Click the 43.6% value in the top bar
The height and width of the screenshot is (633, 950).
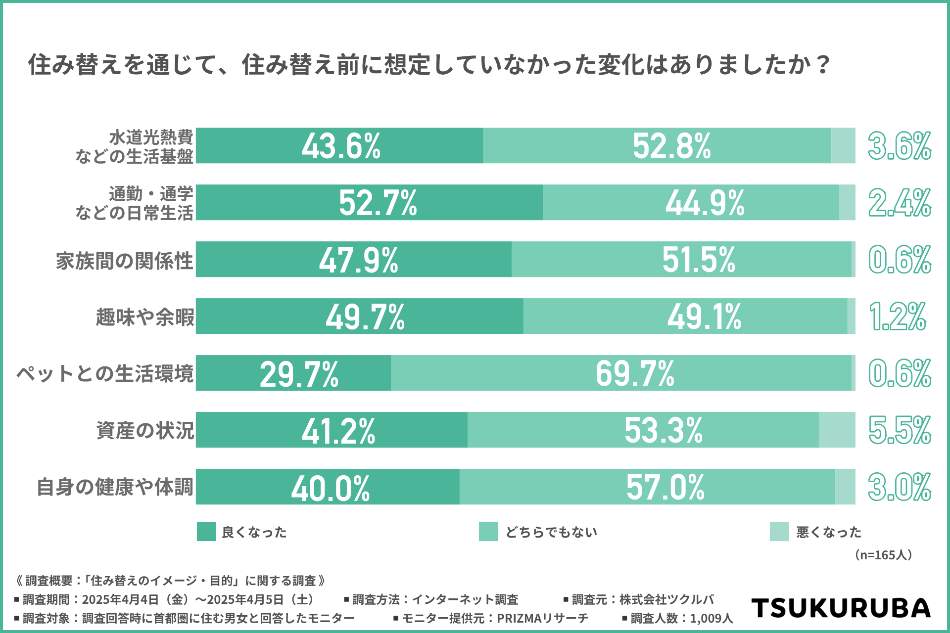coord(341,146)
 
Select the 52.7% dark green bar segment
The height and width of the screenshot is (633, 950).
coord(369,203)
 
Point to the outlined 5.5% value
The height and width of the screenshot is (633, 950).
coord(899,430)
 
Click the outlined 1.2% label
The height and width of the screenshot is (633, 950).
coord(897,316)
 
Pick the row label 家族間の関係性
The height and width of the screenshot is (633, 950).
coord(124,260)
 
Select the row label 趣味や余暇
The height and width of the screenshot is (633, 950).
coord(145,317)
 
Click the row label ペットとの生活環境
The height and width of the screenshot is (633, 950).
coord(105,373)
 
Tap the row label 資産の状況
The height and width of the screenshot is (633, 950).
coord(145,430)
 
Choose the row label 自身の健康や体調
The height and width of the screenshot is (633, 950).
coord(115,487)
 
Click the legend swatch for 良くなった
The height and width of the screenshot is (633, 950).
coord(206,532)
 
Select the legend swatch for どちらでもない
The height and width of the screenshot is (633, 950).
coord(488,532)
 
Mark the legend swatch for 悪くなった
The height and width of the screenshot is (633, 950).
coord(779,532)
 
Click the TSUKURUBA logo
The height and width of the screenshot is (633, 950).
coord(841,608)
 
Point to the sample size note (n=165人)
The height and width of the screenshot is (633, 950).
coord(883,555)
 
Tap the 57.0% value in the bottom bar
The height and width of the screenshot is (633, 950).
coord(665,487)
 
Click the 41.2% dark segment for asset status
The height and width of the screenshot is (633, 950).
coord(332,430)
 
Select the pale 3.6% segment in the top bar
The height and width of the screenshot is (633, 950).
coord(843,146)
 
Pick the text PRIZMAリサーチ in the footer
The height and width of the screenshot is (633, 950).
coord(542,618)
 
